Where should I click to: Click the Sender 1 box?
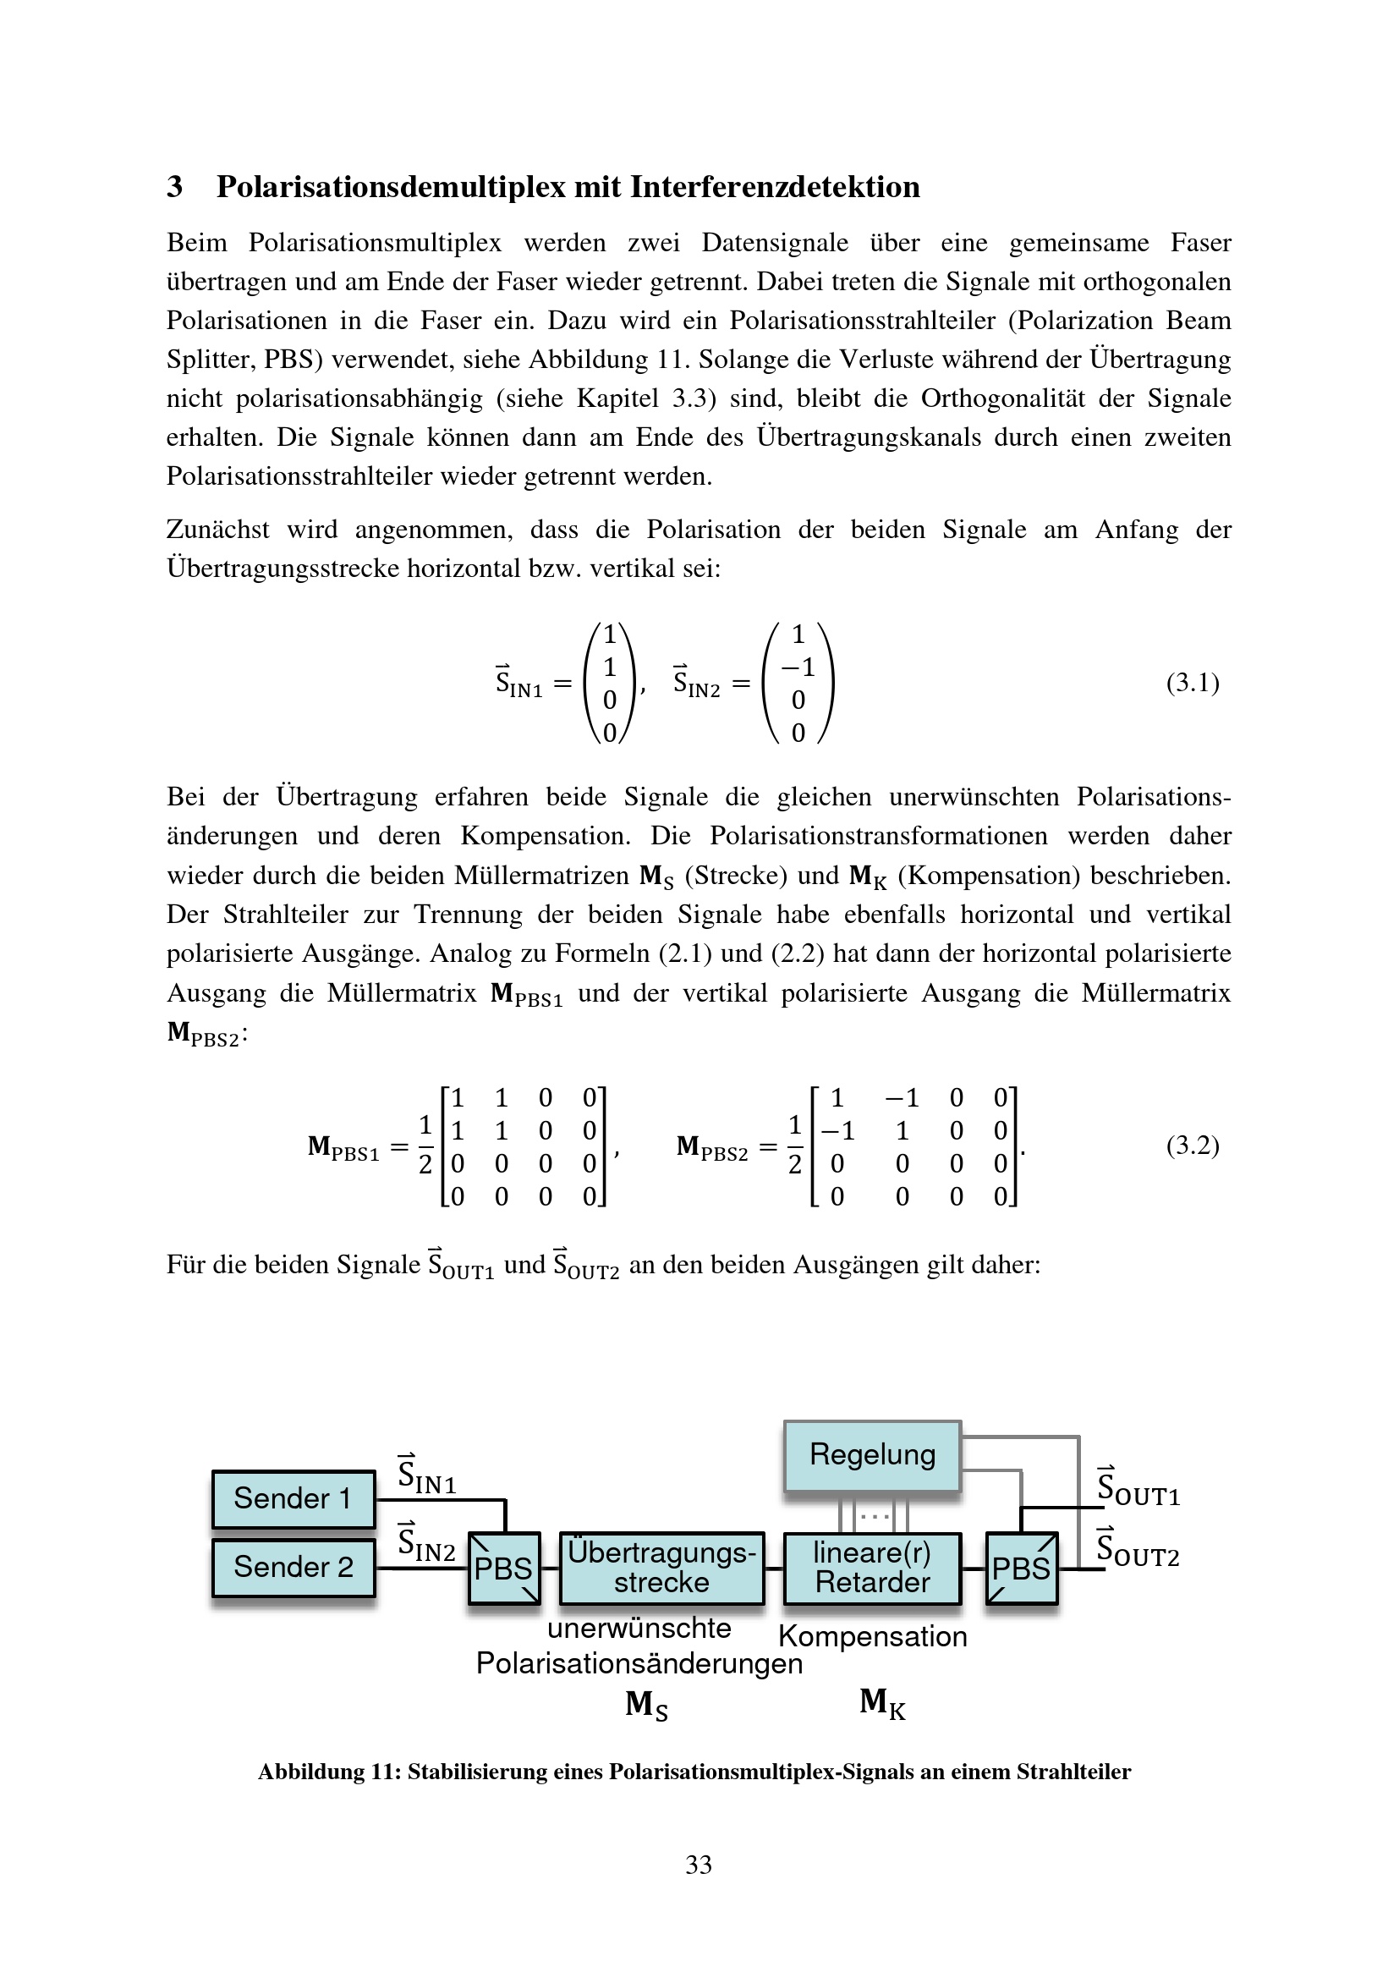click(x=293, y=1498)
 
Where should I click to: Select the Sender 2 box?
click(x=293, y=1566)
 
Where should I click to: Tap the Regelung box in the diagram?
click(x=872, y=1455)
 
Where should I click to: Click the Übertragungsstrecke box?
click(x=661, y=1567)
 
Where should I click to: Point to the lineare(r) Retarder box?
click(x=872, y=1567)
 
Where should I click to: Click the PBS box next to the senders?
click(x=504, y=1567)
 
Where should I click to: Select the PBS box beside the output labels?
click(x=1021, y=1567)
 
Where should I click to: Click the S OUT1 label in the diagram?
click(x=1137, y=1488)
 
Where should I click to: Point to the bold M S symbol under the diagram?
click(x=646, y=1704)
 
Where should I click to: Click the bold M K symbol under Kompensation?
click(x=882, y=1702)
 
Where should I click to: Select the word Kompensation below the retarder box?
click(x=872, y=1636)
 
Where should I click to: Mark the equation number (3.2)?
click(x=1193, y=1145)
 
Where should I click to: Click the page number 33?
click(x=699, y=1865)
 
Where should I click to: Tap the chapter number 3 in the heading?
click(x=175, y=186)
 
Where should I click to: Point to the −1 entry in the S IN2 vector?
click(x=798, y=667)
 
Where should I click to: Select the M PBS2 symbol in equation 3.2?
click(x=711, y=1148)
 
